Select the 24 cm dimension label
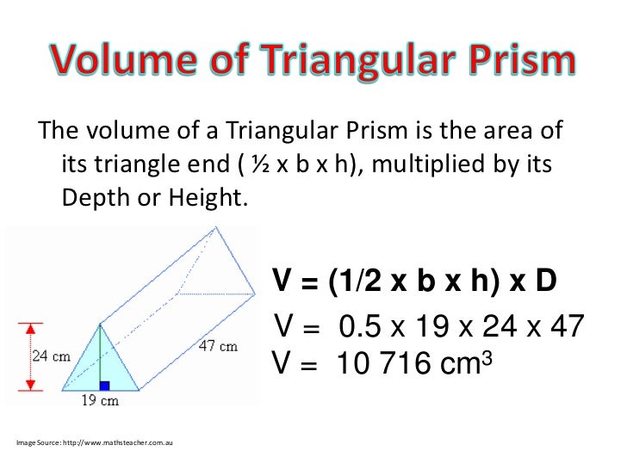[51, 356]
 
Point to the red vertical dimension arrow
[28, 356]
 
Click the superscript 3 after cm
[484, 356]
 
